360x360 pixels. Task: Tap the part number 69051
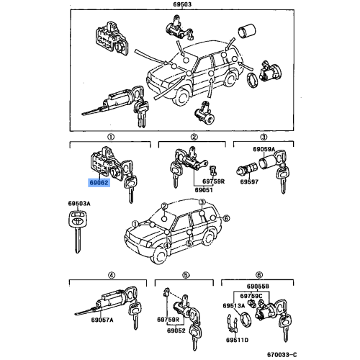point(204,190)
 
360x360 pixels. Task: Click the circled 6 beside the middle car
point(225,218)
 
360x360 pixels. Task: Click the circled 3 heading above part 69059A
point(264,136)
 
